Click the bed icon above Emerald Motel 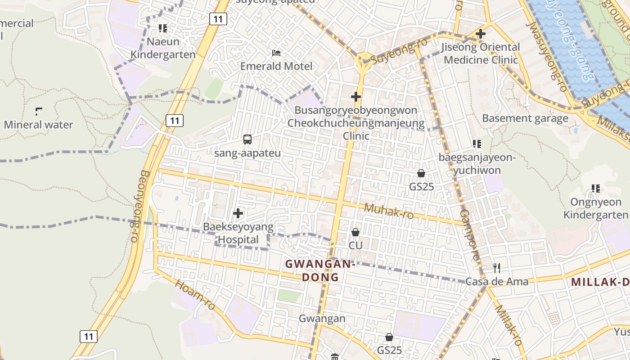point(276,53)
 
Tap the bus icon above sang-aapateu point(247,139)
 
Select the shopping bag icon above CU point(355,232)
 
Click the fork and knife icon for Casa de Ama point(497,268)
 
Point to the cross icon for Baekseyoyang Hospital point(238,213)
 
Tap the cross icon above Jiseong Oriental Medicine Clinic point(481,34)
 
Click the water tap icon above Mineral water point(39,111)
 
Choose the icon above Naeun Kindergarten point(163,28)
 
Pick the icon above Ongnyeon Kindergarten point(596,189)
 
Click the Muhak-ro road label point(389,211)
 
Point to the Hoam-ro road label point(195,295)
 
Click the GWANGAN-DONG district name point(320,270)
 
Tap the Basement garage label point(525,118)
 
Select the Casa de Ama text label point(497,282)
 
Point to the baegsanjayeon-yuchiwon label point(477,164)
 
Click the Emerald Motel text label point(276,66)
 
